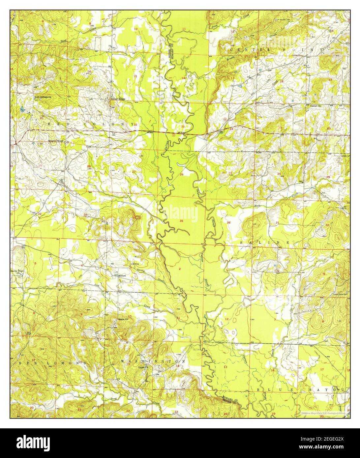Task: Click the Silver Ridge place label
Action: pos(118,98)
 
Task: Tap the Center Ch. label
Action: pos(316,106)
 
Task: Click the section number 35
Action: pos(181,221)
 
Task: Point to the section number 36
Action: pos(229,223)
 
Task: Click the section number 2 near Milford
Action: pos(180,269)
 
